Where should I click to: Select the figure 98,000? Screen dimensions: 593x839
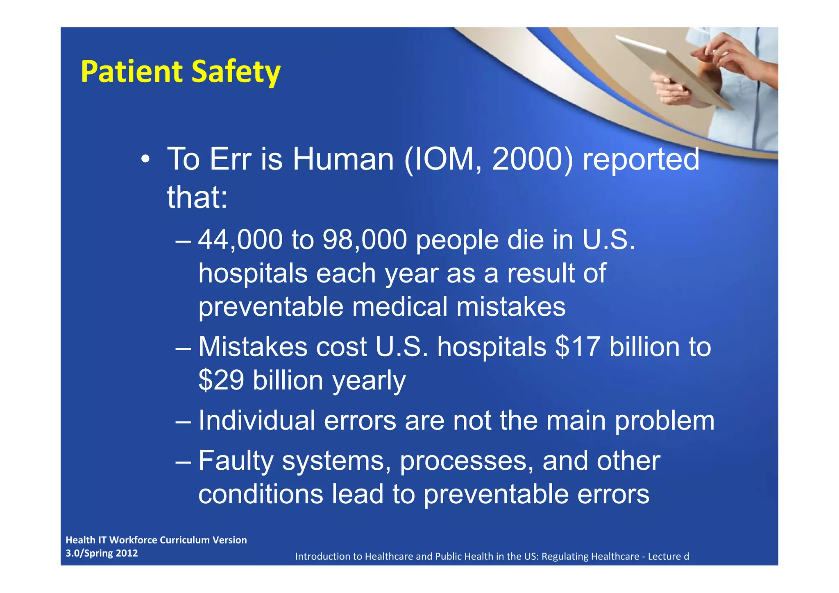(x=365, y=240)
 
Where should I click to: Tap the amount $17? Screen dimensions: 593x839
(x=578, y=347)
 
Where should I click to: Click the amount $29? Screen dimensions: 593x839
(x=221, y=380)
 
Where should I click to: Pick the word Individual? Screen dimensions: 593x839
(x=256, y=421)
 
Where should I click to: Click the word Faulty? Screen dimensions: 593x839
(x=236, y=461)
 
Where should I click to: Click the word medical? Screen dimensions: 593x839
(x=399, y=307)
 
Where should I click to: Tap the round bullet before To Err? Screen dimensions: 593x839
(x=145, y=159)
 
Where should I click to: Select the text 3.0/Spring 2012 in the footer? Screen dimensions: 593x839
(x=102, y=553)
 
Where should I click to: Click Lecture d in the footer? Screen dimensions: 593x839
(x=668, y=557)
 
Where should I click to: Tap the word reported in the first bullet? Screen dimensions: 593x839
(x=641, y=160)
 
